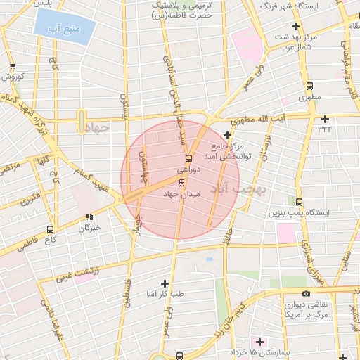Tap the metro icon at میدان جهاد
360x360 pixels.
(x=183, y=183)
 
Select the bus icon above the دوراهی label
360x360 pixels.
(x=188, y=158)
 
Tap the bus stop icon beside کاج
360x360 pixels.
(x=49, y=229)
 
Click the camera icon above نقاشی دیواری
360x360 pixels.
(x=305, y=293)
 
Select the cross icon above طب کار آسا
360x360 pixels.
(x=165, y=283)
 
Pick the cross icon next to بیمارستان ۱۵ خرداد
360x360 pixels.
(x=259, y=342)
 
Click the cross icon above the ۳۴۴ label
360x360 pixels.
(x=324, y=119)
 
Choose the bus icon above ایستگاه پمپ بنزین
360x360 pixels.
(x=300, y=201)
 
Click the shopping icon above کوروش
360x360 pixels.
(x=13, y=66)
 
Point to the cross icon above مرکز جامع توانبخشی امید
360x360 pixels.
(x=227, y=136)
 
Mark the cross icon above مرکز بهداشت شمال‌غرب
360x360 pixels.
(x=295, y=26)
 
